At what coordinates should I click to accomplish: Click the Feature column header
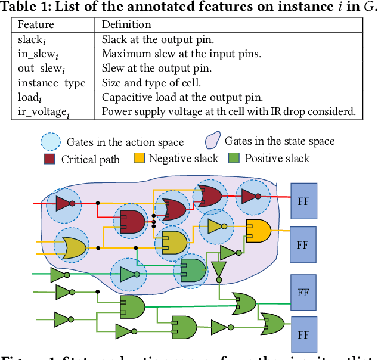coord(36,25)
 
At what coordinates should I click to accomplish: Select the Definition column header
coord(126,25)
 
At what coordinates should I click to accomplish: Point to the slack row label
coord(31,40)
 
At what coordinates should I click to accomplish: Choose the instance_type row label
coord(51,83)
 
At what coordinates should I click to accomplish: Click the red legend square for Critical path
coord(50,159)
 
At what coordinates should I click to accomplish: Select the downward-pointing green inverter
coord(218,270)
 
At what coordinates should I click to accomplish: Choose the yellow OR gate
coord(71,248)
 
